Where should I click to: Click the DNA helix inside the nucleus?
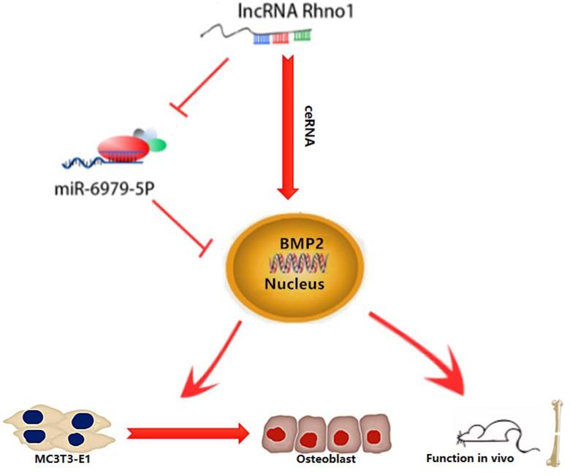(x=299, y=260)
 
